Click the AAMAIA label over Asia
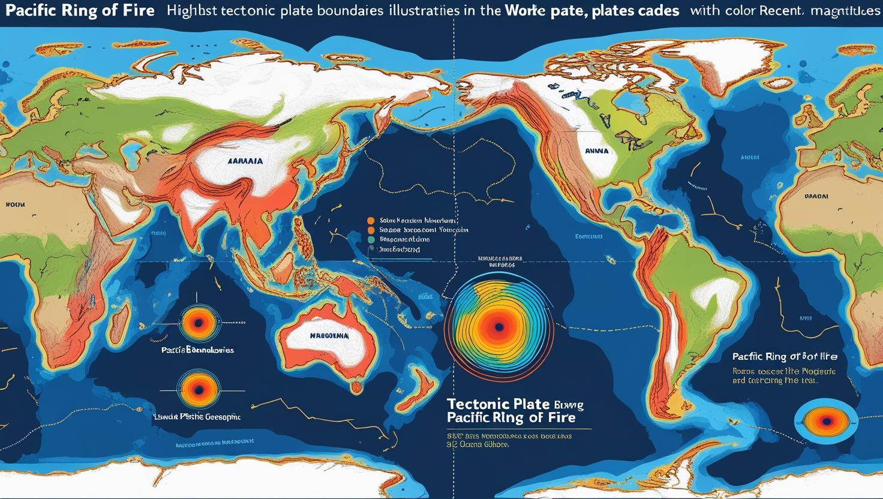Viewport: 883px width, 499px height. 245,161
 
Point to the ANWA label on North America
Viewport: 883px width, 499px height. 597,151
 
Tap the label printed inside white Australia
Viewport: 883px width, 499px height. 329,337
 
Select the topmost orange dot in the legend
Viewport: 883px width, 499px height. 370,220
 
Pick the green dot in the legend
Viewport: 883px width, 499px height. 370,239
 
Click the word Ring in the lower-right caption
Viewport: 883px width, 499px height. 775,356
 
